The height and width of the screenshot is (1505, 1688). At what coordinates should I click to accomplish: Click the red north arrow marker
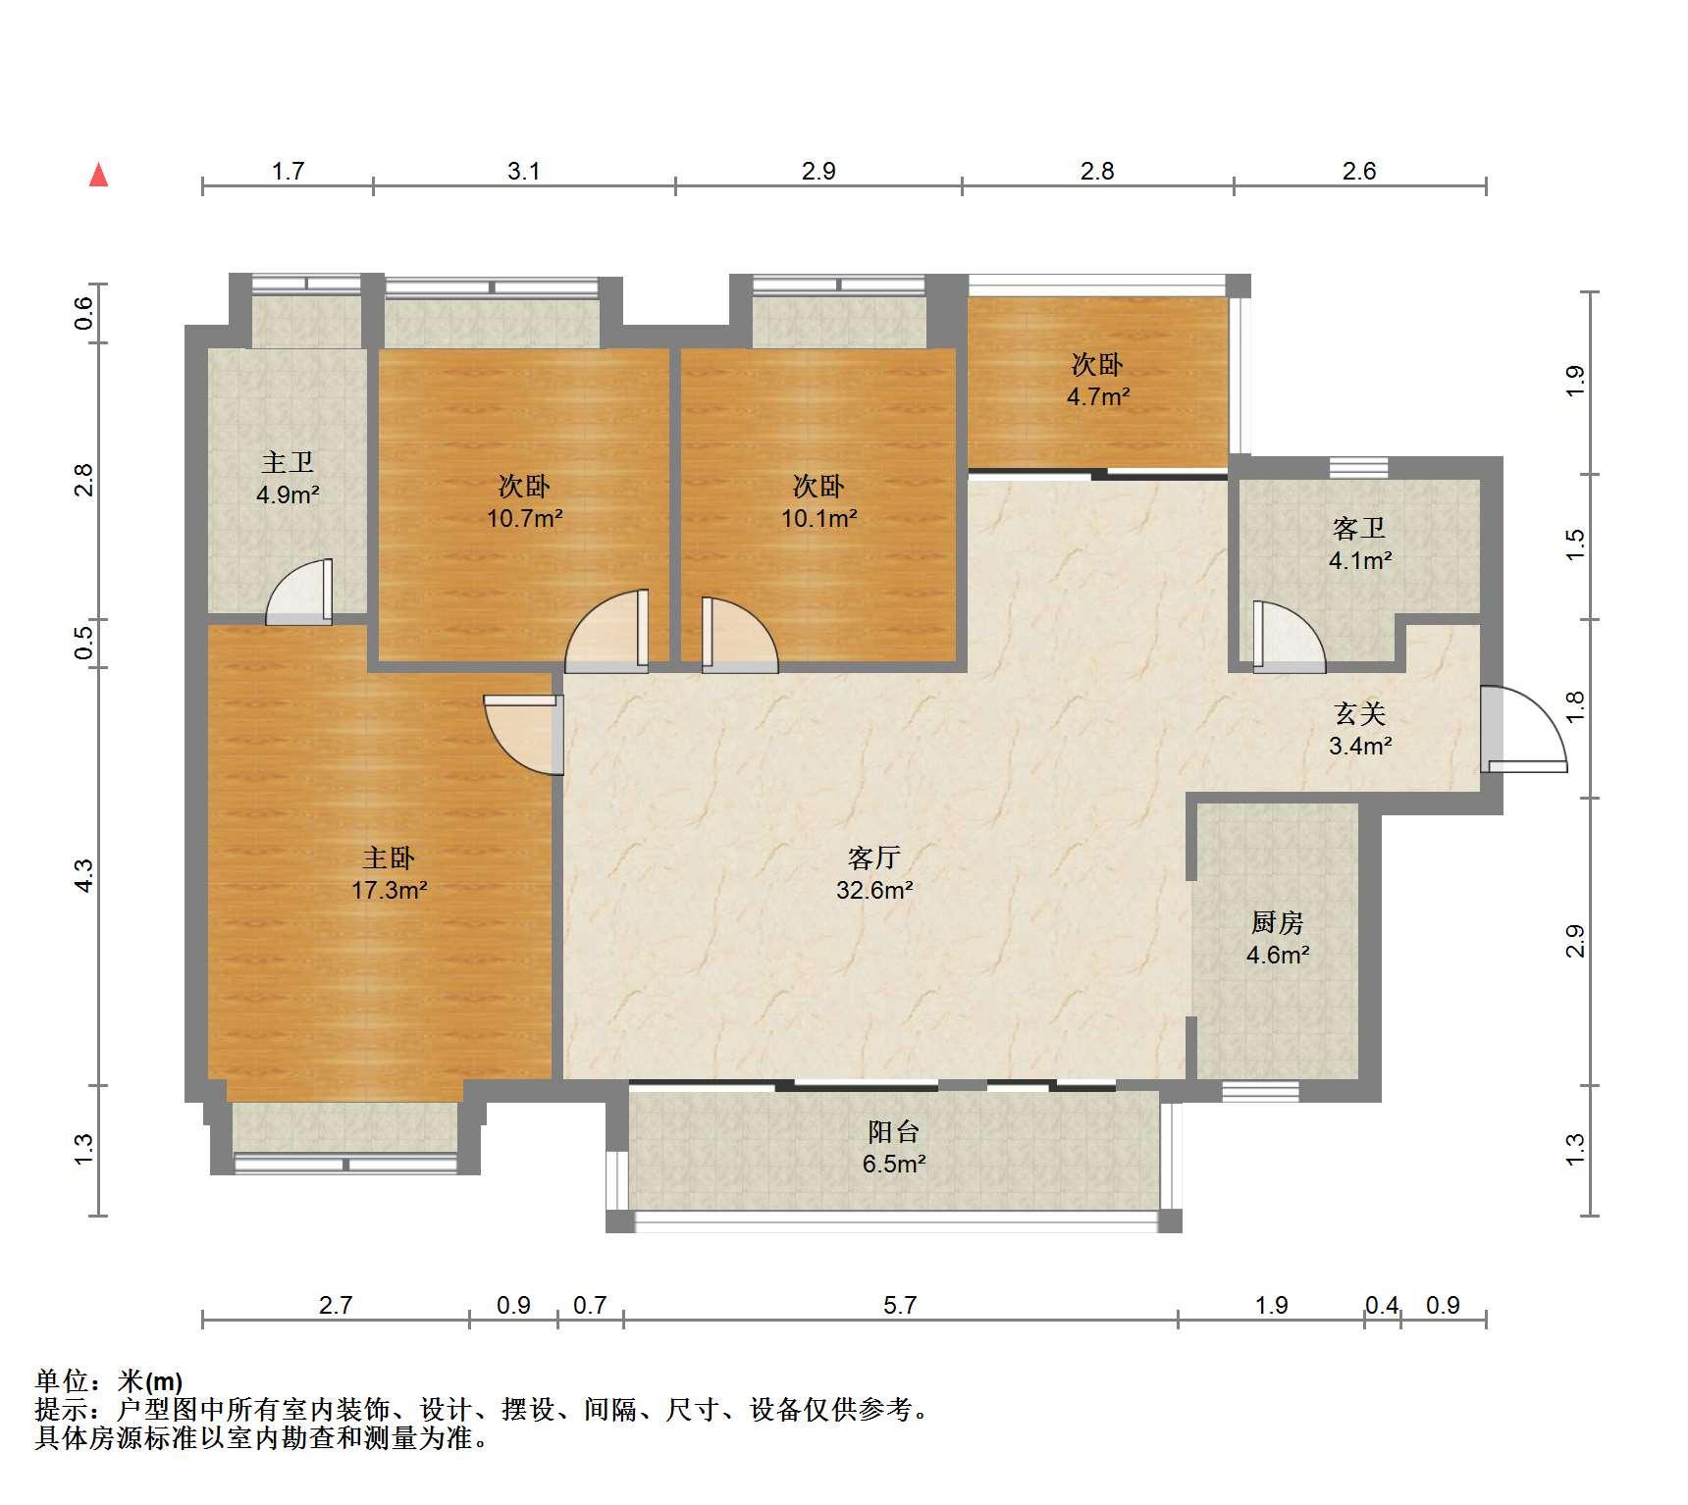(x=98, y=175)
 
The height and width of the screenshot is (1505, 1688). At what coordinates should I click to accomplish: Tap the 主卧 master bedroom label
(x=389, y=858)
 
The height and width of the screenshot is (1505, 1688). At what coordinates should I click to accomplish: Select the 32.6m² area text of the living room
(x=874, y=891)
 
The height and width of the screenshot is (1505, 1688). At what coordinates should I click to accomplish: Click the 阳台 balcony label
(x=893, y=1132)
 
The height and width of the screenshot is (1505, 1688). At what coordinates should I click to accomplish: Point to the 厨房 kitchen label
(x=1277, y=922)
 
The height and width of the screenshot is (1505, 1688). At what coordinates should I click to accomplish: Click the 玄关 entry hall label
(x=1359, y=714)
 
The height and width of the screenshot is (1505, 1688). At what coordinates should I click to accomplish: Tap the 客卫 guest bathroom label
(x=1359, y=529)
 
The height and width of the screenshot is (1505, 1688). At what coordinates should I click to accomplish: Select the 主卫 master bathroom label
(x=287, y=462)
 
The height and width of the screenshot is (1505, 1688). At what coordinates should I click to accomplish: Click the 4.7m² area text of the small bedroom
(x=1098, y=397)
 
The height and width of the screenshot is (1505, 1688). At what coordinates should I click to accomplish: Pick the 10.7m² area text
(x=525, y=518)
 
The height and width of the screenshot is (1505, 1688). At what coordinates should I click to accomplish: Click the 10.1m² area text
(x=819, y=518)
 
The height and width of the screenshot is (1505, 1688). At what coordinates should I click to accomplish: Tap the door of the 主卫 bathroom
(x=299, y=592)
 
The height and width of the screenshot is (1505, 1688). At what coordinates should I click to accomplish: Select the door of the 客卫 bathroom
(x=1289, y=637)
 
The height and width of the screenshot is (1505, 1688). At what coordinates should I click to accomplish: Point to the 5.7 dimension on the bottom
(x=900, y=1305)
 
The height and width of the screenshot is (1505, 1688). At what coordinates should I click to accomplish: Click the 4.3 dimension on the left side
(x=84, y=875)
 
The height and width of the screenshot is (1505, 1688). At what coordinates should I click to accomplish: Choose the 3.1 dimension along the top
(x=524, y=171)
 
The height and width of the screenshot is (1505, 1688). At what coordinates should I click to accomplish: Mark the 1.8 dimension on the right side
(x=1575, y=707)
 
